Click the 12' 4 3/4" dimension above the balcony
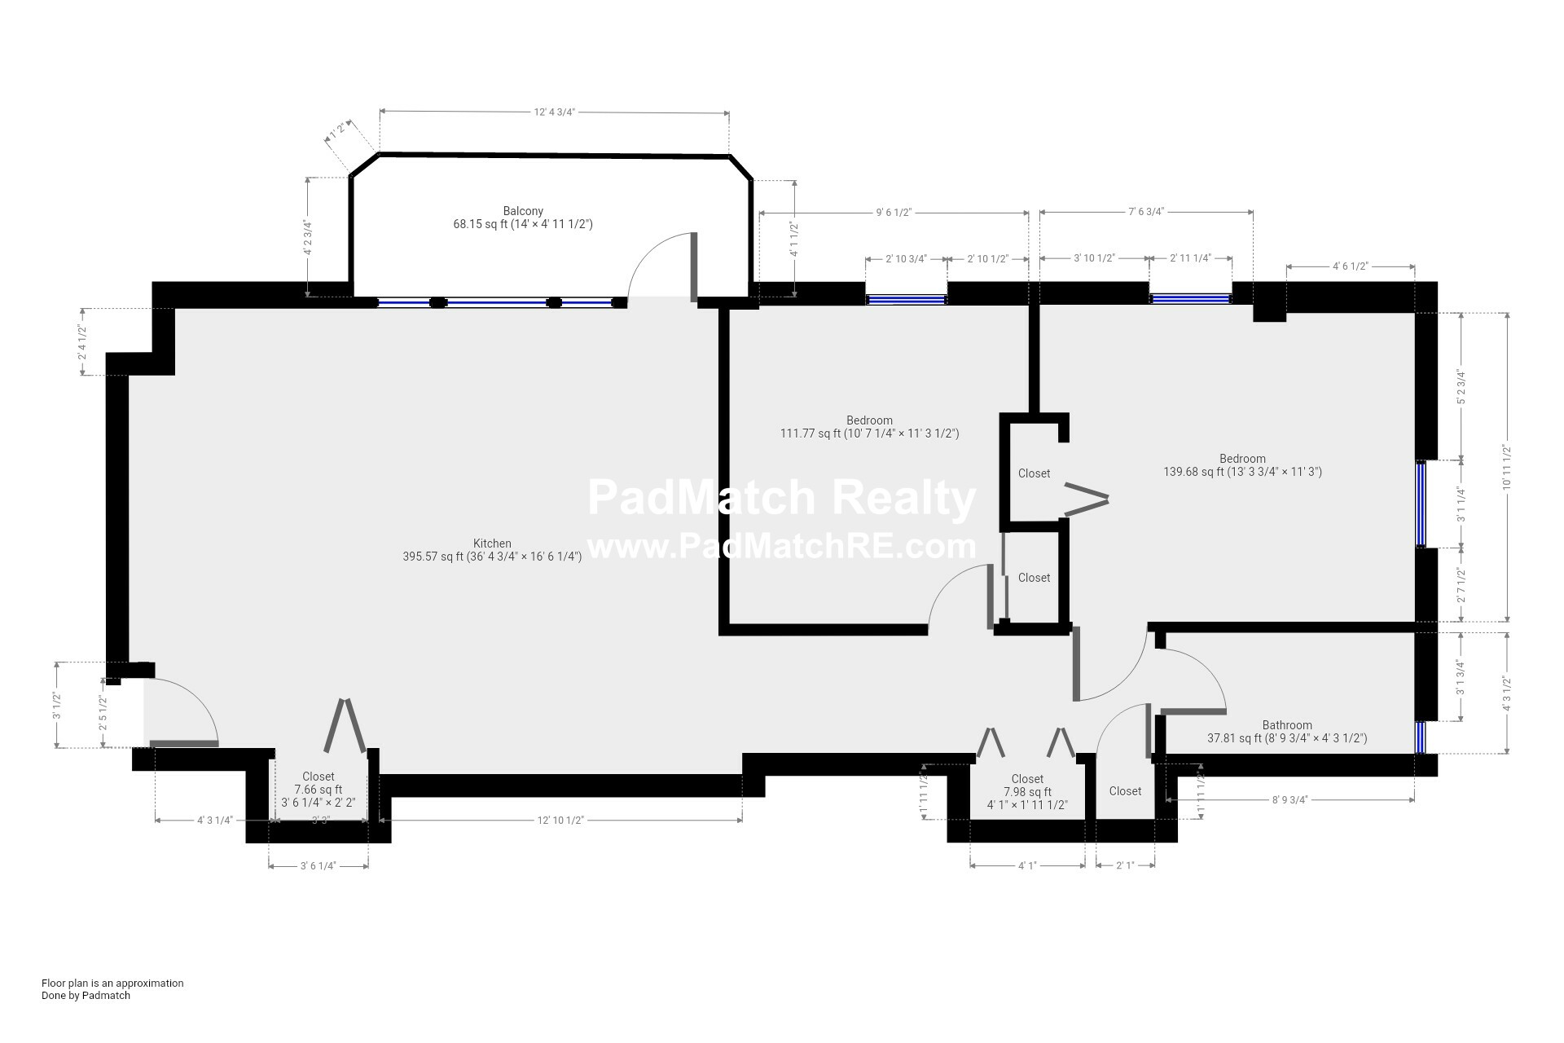555,112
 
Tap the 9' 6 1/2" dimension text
893,213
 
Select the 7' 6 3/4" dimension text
1146,212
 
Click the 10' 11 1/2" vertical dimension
1507,466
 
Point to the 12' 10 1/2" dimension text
560,820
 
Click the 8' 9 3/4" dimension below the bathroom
1289,799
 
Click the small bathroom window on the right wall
1421,737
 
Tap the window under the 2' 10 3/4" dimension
906,299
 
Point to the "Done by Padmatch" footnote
86,995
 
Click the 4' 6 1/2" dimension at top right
1350,266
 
